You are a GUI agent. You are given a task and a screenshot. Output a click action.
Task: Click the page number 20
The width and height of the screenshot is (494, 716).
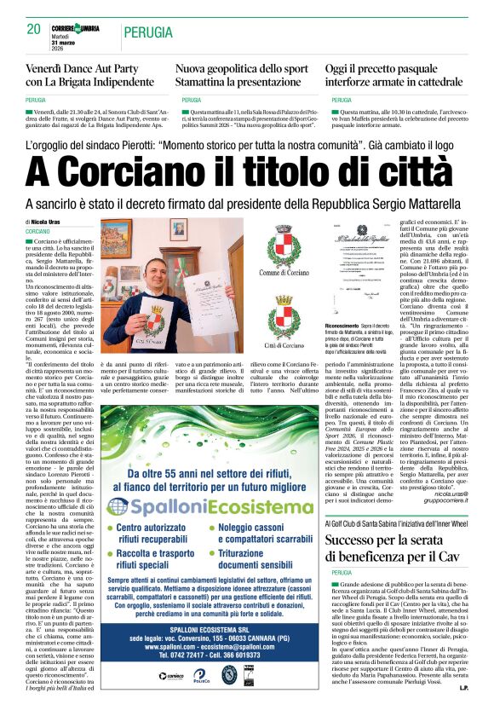(x=34, y=29)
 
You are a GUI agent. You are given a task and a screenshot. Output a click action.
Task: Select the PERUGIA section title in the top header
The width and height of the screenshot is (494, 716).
(x=146, y=32)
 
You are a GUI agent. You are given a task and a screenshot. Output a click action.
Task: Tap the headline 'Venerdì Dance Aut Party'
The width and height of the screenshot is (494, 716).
(x=83, y=68)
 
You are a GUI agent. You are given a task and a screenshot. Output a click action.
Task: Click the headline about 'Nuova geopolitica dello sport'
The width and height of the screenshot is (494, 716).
(x=242, y=68)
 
